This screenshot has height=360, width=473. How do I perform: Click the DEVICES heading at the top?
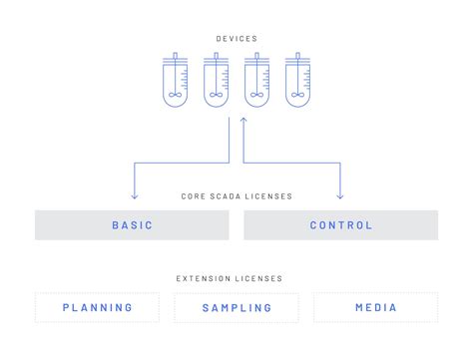pyautogui.click(x=236, y=39)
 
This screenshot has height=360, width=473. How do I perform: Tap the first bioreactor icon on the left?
pyautogui.click(x=174, y=80)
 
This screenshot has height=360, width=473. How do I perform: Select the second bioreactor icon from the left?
pyautogui.click(x=216, y=80)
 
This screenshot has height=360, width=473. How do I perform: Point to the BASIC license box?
pyautogui.click(x=133, y=225)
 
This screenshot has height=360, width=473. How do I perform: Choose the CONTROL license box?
pyautogui.click(x=340, y=225)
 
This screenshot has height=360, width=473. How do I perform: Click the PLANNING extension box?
pyautogui.click(x=97, y=307)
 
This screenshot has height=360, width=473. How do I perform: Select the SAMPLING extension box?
pyautogui.click(x=236, y=307)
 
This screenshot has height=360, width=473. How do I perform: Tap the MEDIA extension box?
pyautogui.click(x=375, y=307)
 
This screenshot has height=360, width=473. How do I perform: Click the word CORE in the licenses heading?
pyautogui.click(x=194, y=196)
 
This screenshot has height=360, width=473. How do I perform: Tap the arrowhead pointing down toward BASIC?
pyautogui.click(x=134, y=195)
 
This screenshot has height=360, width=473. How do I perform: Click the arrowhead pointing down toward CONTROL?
pyautogui.click(x=340, y=195)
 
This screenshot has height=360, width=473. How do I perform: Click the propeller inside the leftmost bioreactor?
pyautogui.click(x=174, y=96)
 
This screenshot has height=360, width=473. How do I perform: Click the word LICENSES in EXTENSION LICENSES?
pyautogui.click(x=261, y=278)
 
